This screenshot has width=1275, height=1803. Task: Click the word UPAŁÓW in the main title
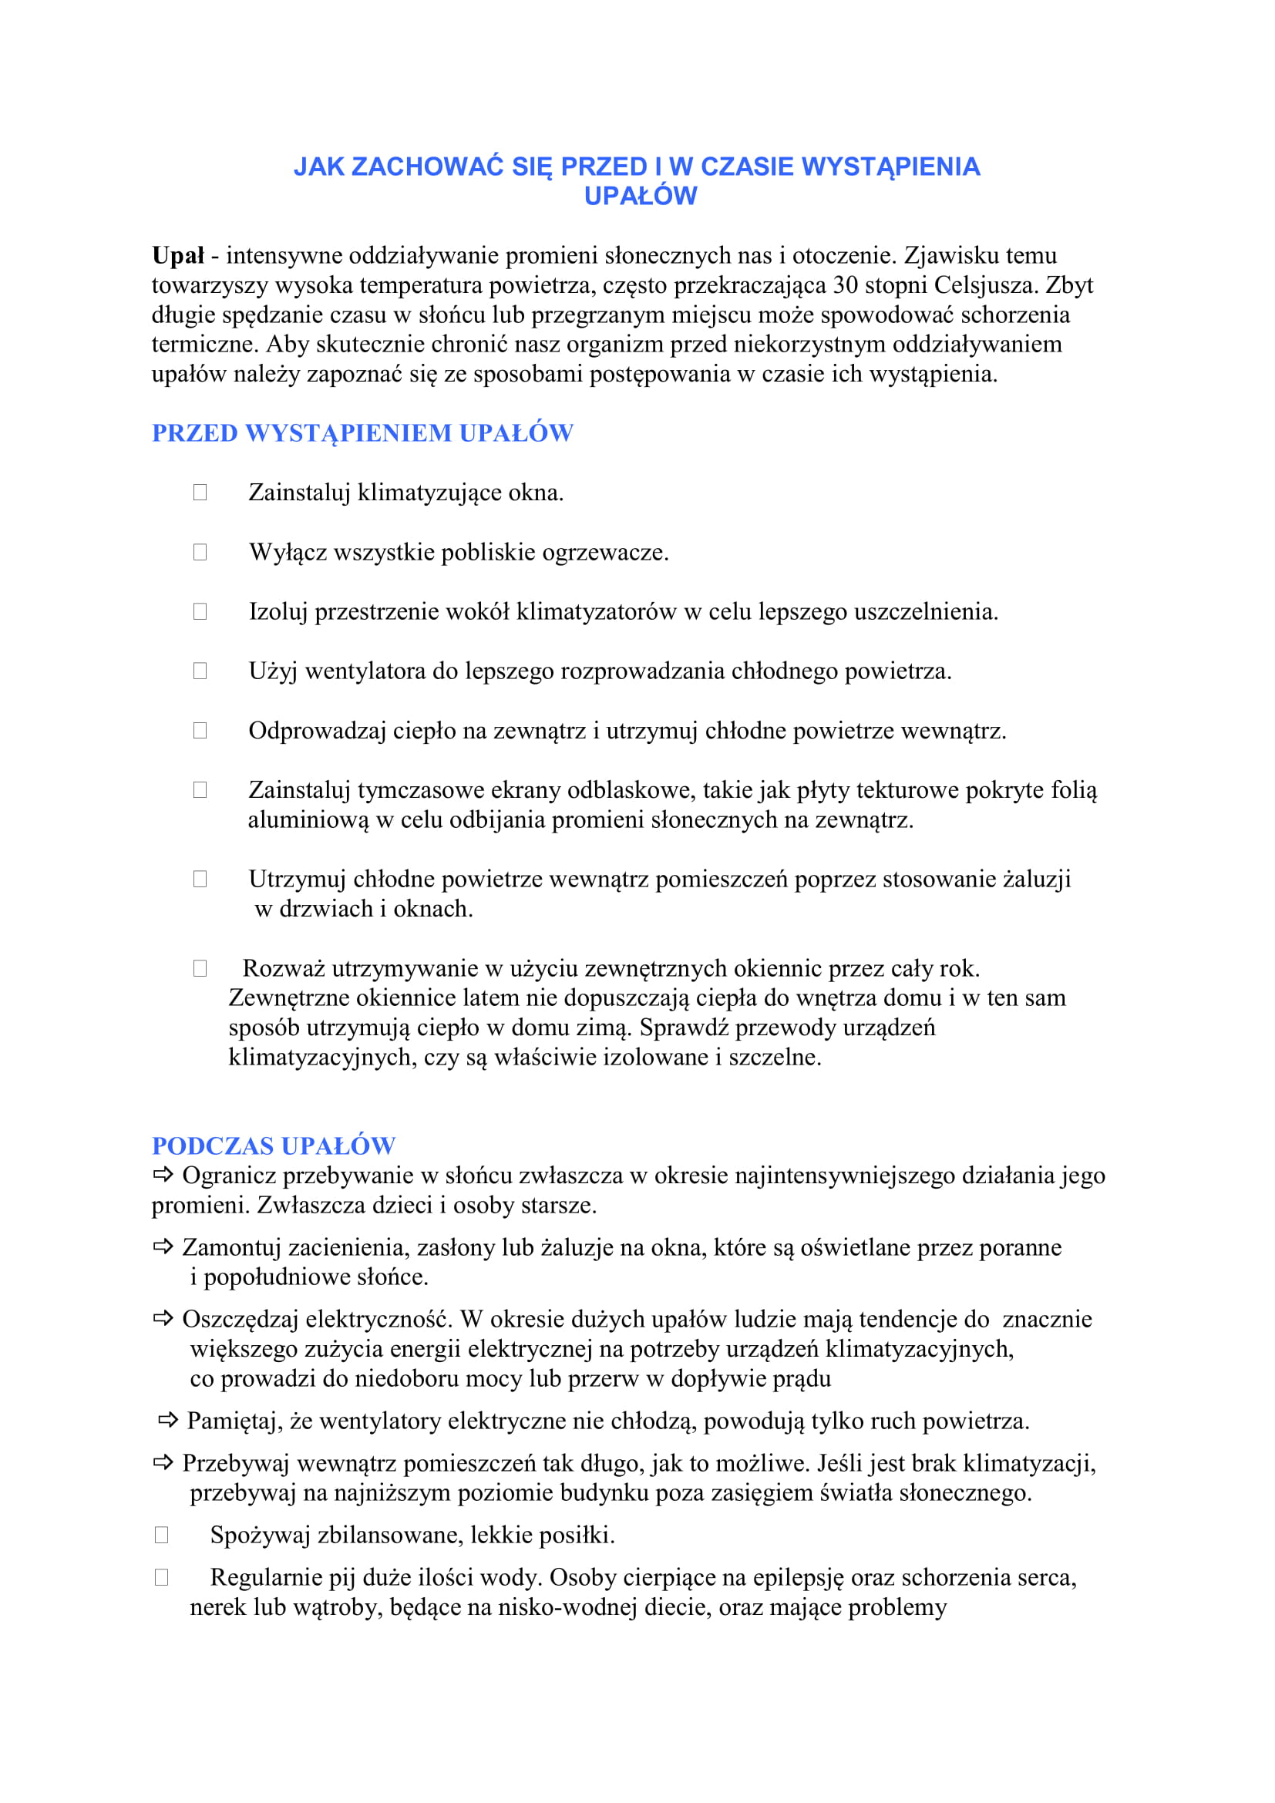point(640,197)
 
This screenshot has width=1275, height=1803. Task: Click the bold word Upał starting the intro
point(177,256)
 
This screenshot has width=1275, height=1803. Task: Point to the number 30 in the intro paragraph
point(845,285)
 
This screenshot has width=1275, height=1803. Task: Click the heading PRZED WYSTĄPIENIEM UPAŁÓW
point(362,433)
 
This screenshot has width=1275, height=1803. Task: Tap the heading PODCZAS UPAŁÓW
point(273,1145)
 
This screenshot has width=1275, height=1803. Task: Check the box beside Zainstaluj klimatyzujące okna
point(200,493)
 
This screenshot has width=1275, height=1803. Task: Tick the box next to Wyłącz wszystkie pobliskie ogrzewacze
point(200,552)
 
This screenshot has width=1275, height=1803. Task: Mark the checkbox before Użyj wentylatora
point(200,671)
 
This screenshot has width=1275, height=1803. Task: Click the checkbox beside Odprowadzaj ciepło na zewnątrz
point(200,730)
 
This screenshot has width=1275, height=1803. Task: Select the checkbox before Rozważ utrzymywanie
point(200,968)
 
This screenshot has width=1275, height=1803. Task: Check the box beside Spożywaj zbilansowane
point(162,1535)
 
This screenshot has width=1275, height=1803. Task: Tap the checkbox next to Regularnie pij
point(162,1577)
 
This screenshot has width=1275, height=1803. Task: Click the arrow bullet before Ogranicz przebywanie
point(163,1175)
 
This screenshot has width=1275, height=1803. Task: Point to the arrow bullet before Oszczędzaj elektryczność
point(163,1318)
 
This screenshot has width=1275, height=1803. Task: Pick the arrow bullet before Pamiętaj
point(168,1420)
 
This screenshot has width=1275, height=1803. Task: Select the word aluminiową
point(308,821)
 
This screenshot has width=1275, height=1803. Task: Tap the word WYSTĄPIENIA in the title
point(891,167)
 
